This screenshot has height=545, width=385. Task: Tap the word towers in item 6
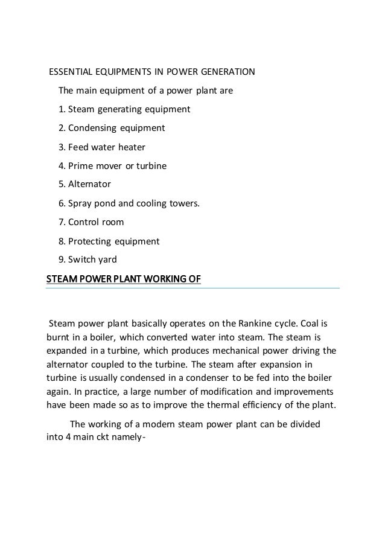(x=182, y=203)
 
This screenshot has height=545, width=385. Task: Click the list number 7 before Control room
(x=60, y=222)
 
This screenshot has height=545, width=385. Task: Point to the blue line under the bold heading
(x=193, y=288)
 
